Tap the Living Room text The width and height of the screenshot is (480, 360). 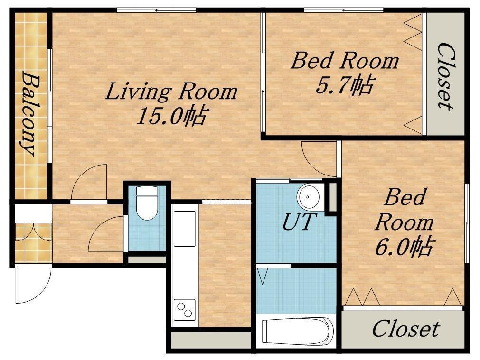tap(171, 92)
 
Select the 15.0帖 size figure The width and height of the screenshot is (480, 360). tap(171, 116)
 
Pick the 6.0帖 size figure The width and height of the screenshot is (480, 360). tap(404, 247)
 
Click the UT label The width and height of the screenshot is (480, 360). tap(299, 222)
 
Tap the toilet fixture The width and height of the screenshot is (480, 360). tap(147, 203)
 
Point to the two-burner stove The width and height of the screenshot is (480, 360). tap(185, 310)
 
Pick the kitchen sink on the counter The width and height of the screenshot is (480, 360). tap(184, 229)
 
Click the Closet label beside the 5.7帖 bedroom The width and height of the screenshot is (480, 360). tap(445, 76)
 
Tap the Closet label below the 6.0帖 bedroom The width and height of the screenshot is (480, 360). tap(405, 329)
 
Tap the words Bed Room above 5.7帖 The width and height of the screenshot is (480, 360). tap(345, 61)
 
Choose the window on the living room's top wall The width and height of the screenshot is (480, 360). tap(156, 10)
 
